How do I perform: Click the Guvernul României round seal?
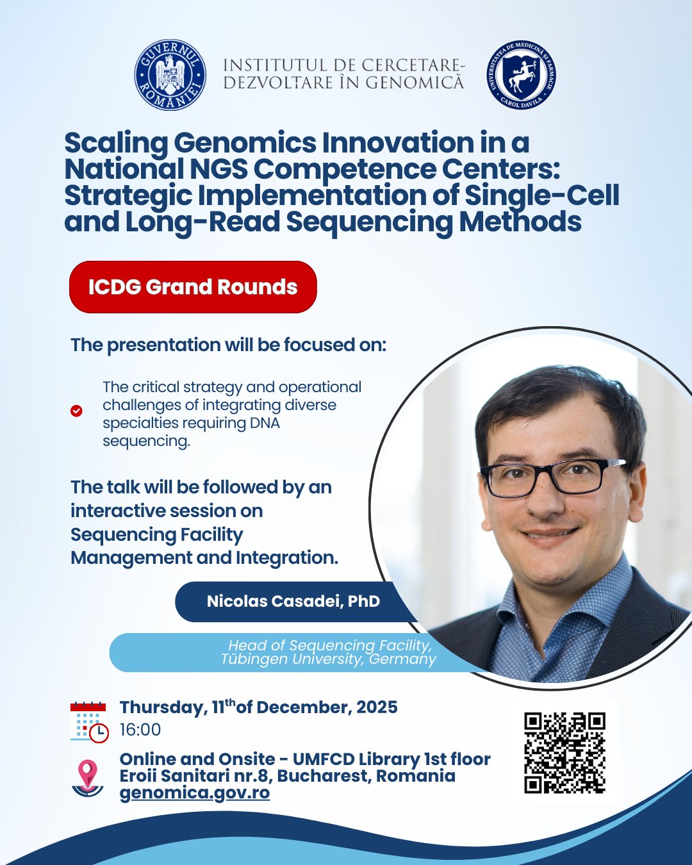point(170,75)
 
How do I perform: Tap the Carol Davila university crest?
point(521,75)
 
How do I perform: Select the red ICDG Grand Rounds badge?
point(193,287)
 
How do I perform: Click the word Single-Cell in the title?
point(541,195)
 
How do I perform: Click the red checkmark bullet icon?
point(76,411)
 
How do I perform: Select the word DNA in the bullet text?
point(265,424)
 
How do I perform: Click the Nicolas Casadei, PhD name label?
point(293,601)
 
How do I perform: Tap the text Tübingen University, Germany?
point(329,659)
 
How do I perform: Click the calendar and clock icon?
point(89,722)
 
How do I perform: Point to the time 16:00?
point(140,730)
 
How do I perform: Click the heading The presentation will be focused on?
point(228,345)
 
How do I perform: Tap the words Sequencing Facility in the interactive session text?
point(157,535)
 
